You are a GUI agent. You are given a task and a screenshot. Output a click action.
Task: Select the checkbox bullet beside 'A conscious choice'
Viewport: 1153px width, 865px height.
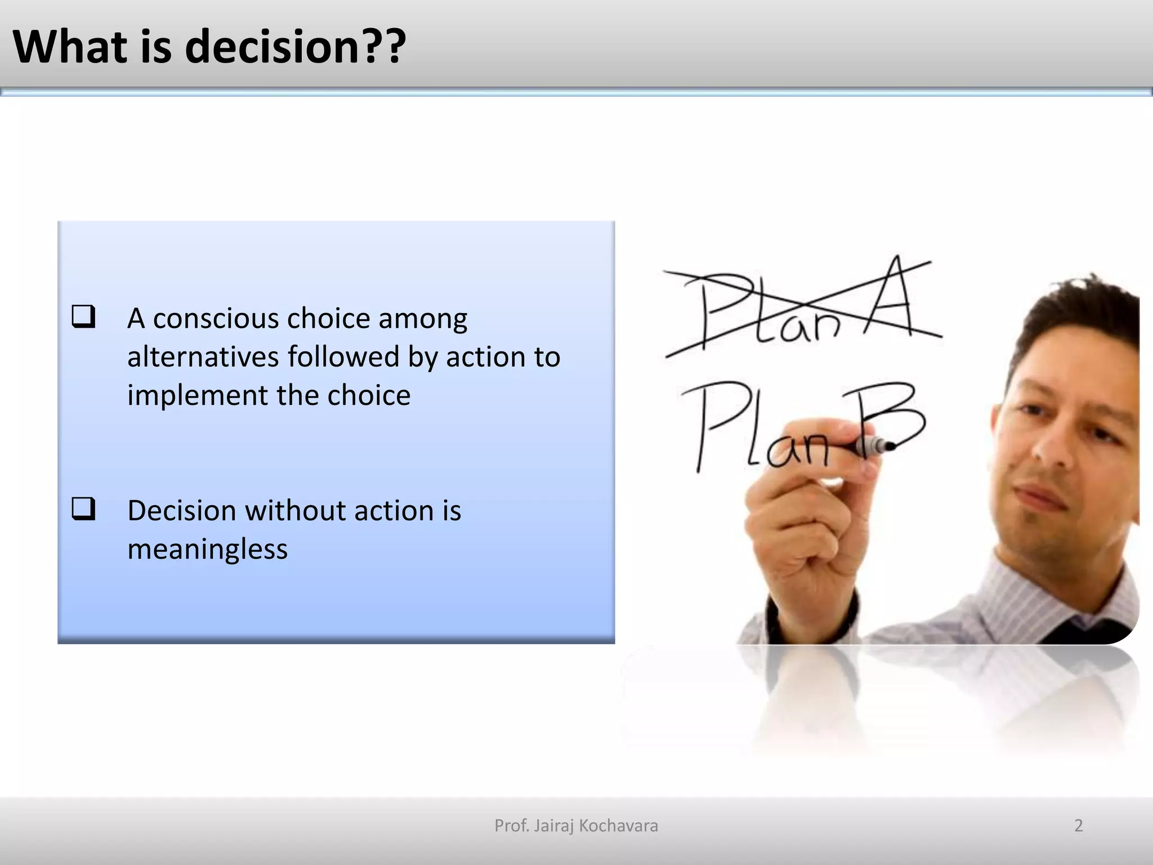83,317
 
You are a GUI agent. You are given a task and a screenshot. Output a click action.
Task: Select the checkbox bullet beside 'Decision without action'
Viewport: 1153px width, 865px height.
83,509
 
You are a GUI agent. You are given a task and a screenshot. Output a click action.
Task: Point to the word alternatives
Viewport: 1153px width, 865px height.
203,357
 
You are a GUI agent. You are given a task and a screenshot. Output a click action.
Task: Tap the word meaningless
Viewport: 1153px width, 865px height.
207,549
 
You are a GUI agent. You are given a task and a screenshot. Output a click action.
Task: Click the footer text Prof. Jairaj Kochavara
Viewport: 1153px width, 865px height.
576,826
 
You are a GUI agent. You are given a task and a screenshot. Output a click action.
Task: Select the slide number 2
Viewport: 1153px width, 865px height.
1078,826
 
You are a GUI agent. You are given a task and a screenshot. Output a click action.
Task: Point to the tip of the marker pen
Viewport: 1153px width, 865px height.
890,447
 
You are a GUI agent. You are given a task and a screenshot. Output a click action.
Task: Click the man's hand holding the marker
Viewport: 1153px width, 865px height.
805,518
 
